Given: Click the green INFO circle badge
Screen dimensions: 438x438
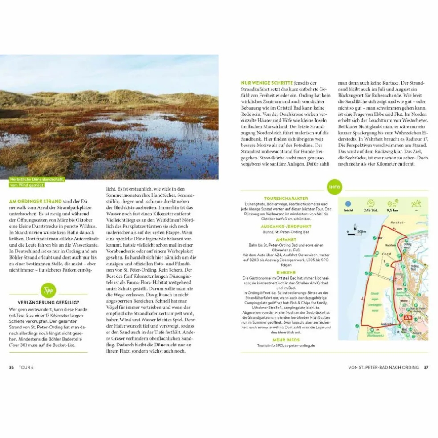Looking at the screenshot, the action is coord(334,187).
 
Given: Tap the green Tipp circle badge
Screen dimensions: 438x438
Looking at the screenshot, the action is coord(48,290).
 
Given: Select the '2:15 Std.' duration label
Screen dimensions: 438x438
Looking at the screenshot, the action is coord(370,211).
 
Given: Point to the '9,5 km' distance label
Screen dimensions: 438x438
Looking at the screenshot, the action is coord(393,211).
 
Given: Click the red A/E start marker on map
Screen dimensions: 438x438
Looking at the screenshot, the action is coord(407,317).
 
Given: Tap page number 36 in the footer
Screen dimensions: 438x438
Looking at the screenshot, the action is coord(12,367).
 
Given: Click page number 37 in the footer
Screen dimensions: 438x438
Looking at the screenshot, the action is coord(426,367).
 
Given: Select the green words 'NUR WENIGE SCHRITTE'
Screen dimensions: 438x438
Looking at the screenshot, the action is coord(267,83).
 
